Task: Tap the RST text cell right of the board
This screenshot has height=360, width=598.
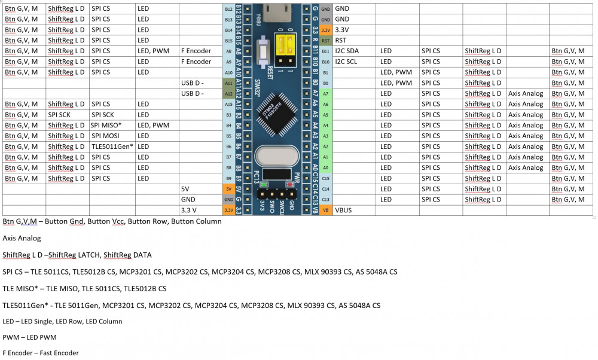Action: coord(341,41)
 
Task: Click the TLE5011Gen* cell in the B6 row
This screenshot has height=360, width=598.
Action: coord(112,147)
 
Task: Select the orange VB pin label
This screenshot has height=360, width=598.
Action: coord(325,210)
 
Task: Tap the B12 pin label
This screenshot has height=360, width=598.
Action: coord(228,9)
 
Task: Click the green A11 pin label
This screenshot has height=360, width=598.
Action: coord(228,83)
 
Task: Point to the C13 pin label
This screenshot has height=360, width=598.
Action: coord(325,200)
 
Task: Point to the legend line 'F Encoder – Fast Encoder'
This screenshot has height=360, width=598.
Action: coord(41,353)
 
